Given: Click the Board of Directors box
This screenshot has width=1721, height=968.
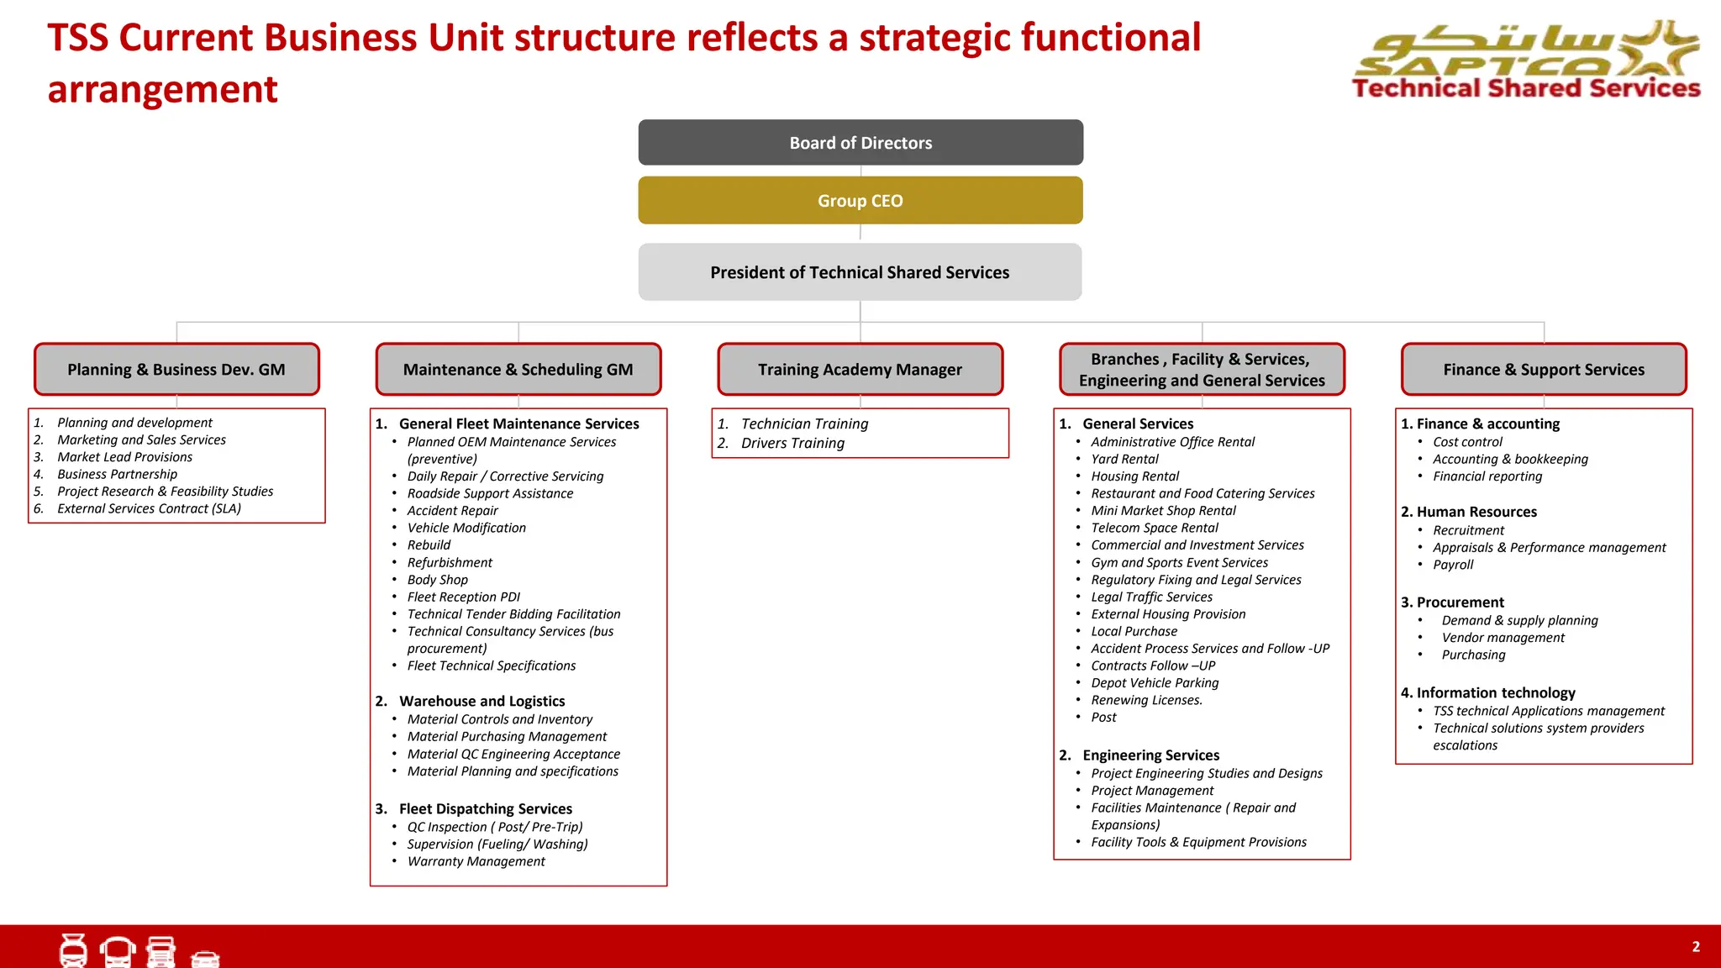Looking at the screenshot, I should coord(860,143).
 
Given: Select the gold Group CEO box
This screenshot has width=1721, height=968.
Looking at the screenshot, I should coord(860,201).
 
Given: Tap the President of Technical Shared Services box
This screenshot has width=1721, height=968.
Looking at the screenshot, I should coord(860,272).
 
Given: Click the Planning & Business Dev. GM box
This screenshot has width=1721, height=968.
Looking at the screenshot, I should coord(176,370).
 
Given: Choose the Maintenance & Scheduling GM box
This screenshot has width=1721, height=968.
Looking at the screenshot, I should coord(518,370).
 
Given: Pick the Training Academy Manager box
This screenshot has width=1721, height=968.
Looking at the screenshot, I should coord(860,370).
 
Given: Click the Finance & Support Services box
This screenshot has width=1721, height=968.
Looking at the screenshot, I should coord(1544,370).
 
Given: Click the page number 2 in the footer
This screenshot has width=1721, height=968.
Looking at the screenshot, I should coord(1696,947).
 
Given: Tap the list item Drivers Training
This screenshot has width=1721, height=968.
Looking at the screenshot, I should coord(792,444).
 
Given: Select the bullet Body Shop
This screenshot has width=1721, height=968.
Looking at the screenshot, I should coord(437,580).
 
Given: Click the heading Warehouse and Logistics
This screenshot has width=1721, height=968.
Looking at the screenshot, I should coord(482,702).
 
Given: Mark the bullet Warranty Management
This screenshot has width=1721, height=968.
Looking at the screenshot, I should coord(476,861).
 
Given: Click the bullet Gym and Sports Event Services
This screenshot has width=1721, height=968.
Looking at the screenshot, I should coord(1179,563).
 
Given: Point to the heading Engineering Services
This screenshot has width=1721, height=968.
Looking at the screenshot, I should coord(1150,755).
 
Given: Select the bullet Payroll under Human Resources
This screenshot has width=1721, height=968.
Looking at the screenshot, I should coord(1453,565).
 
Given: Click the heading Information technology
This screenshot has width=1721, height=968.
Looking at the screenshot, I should coord(1495,693).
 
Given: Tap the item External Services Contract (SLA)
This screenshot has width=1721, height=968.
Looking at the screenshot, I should coord(149,509).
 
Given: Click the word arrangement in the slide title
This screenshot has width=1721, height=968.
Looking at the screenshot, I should coord(162,90).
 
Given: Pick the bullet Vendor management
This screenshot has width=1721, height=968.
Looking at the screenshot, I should coord(1503,638).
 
